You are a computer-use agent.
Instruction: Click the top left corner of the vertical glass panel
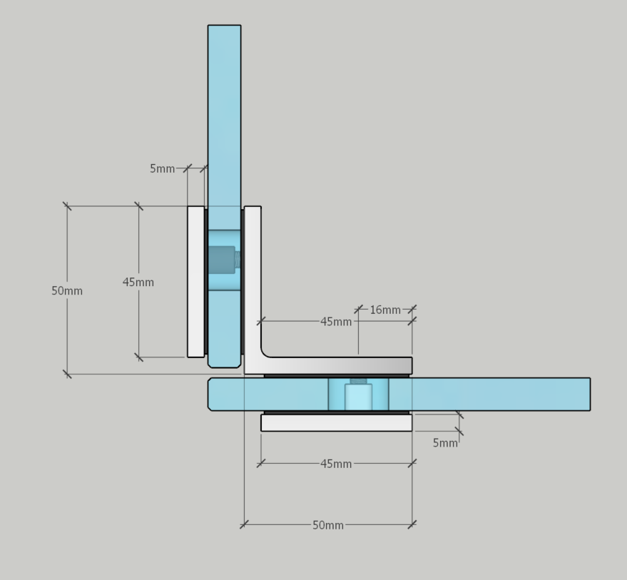208,25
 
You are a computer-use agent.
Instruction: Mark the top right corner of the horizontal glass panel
590,378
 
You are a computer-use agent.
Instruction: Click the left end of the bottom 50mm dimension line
245,524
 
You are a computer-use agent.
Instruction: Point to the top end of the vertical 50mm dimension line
67,206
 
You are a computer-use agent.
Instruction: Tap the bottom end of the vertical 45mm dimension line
139,357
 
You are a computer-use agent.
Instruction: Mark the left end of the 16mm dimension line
358,309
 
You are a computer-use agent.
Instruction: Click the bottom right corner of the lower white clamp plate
412,431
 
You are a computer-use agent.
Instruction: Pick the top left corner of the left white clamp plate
188,206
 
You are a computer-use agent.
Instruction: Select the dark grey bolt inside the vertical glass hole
222,260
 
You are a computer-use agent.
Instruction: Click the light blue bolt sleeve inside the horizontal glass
358,397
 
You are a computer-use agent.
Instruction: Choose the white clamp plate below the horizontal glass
336,423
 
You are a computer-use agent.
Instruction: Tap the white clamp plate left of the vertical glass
196,282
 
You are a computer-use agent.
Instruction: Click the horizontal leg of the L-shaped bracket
336,365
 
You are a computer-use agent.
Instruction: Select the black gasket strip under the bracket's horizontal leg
336,376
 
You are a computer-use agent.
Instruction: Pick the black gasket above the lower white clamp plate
336,412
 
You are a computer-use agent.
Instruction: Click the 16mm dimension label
385,310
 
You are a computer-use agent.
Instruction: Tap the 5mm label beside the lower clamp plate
445,443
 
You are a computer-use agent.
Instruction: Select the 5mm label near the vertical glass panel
163,169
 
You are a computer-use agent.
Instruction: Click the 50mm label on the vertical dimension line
67,291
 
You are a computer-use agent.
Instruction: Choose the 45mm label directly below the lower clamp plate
336,464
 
